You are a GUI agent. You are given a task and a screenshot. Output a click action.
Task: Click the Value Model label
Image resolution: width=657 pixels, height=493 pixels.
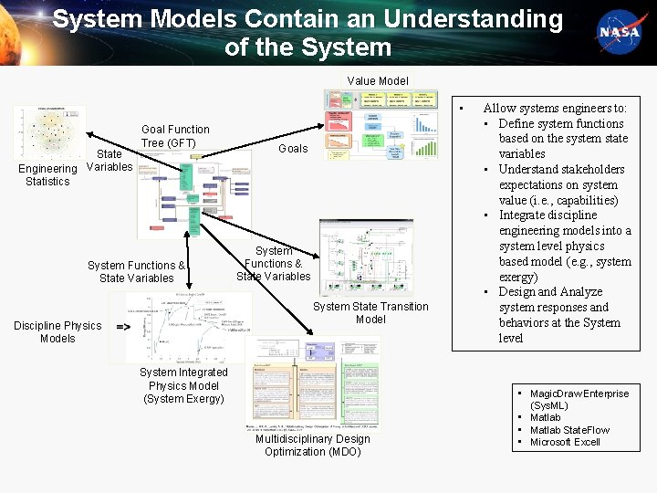pos(378,81)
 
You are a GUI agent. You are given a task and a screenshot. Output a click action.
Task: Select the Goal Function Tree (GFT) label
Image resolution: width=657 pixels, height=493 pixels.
pos(175,136)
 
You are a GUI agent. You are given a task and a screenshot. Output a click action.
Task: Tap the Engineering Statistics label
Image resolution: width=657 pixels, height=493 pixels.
pos(47,174)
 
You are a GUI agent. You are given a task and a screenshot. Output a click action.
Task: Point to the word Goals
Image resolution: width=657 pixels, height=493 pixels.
pos(293,148)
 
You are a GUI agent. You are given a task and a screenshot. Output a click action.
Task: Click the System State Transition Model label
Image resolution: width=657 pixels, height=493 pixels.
pos(370,312)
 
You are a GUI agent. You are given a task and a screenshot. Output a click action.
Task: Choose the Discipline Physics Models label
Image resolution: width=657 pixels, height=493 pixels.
pos(57,331)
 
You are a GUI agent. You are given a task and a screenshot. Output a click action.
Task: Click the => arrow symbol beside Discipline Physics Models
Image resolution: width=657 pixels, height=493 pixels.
pos(122,325)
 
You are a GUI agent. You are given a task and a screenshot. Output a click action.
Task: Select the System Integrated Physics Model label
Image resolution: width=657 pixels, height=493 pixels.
pos(184,385)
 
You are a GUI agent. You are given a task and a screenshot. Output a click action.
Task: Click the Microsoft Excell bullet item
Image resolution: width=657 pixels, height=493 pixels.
pos(565,442)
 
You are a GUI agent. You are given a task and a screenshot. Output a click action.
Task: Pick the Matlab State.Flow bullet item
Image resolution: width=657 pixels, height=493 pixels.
pos(569,430)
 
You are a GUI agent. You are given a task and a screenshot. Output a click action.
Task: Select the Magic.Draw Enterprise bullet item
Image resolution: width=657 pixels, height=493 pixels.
pos(579,399)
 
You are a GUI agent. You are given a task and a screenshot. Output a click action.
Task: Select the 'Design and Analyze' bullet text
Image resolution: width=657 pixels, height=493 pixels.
pos(550,292)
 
